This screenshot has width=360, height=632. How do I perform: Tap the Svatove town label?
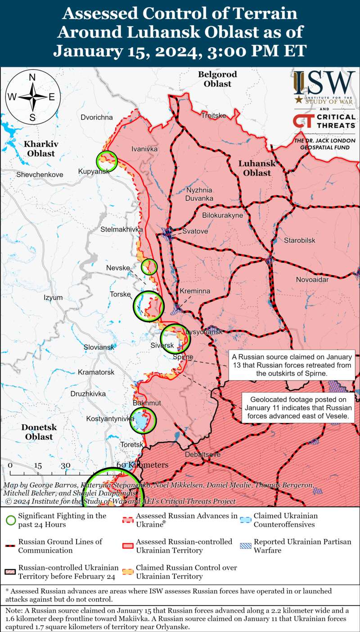pos(195,231)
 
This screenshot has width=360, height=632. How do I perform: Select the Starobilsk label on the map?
pos(299,241)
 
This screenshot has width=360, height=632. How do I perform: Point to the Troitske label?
pos(214,116)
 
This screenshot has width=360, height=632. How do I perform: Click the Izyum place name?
pos(53,298)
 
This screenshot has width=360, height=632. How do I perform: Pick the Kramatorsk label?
pos(96,372)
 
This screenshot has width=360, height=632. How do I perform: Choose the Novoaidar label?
pos(312,280)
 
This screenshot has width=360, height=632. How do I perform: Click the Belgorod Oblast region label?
pos(217,79)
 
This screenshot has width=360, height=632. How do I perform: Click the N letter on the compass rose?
pos(32,77)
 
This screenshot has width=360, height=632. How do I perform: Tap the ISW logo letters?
pos(325,83)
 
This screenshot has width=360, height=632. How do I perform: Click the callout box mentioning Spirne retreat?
pos(292,364)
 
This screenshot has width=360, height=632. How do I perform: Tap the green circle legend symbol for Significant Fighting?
pos(11,520)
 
